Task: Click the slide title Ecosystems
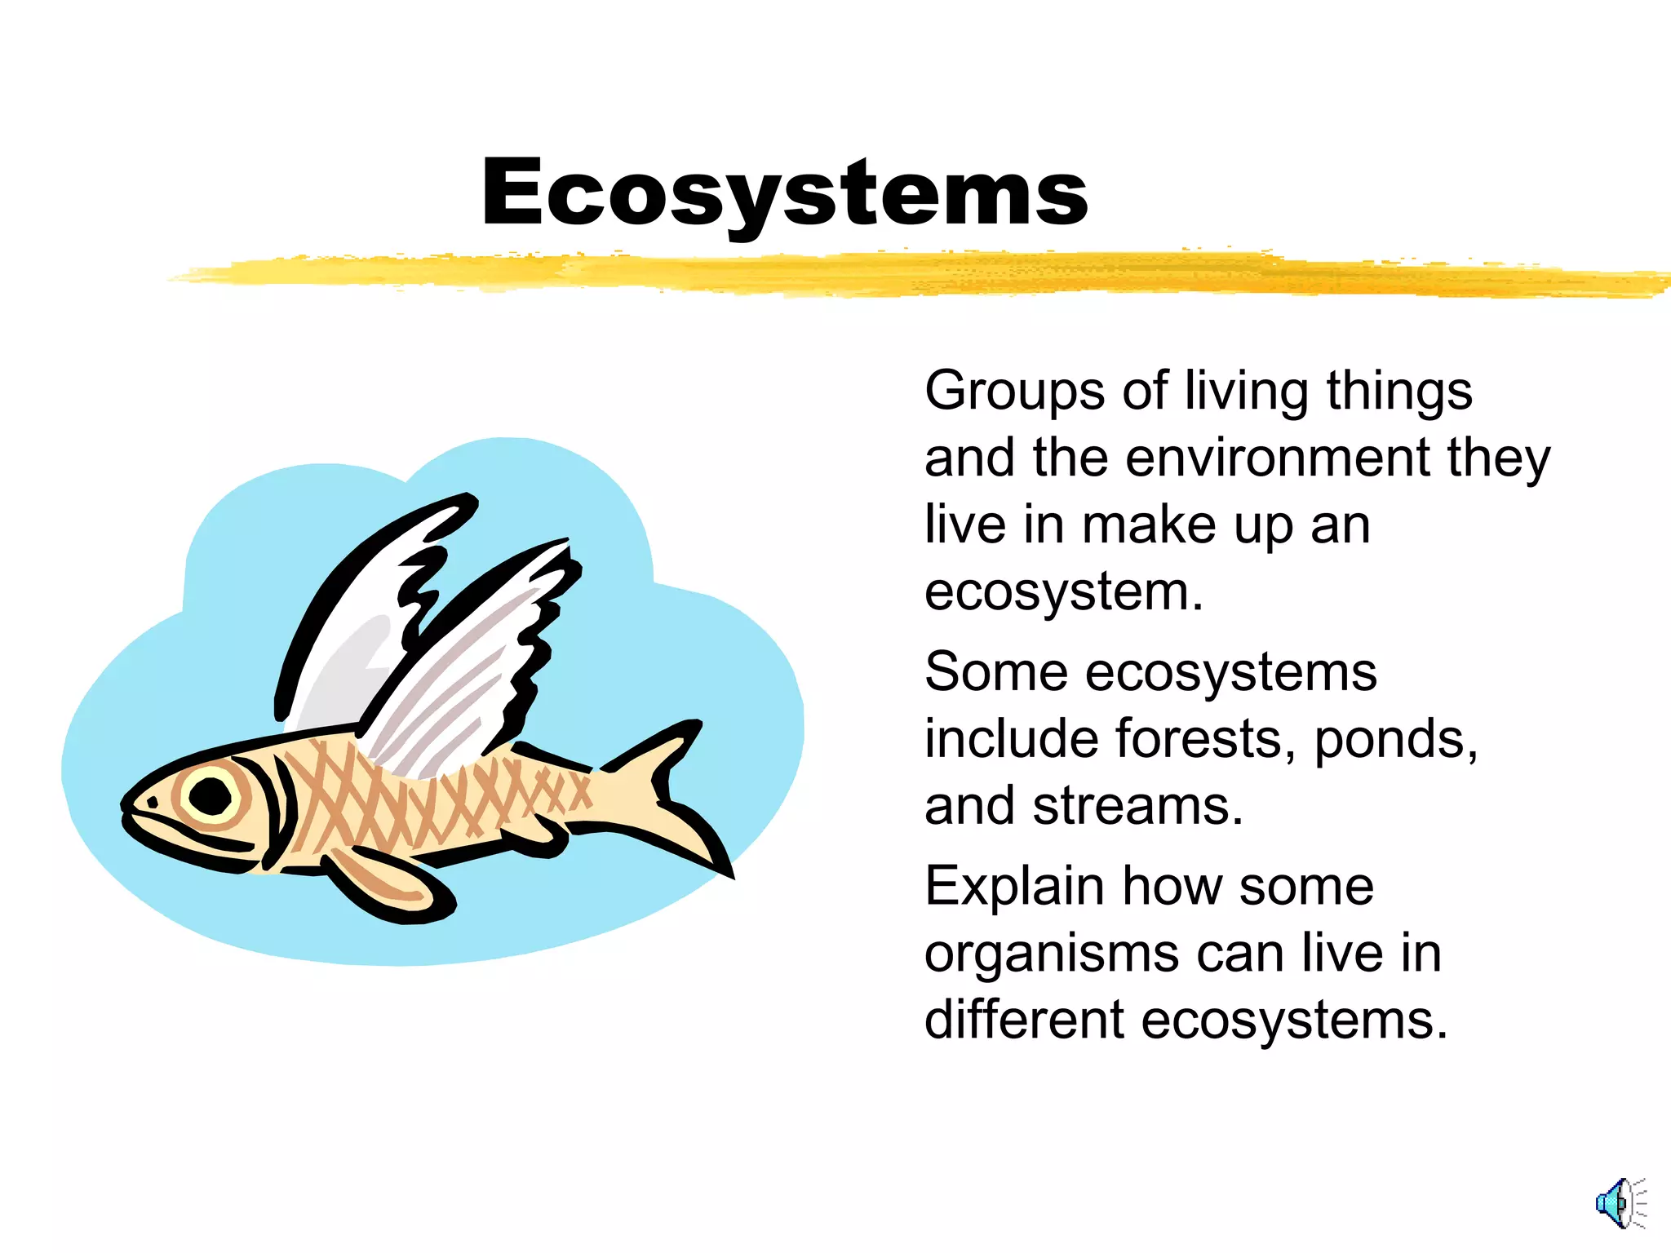point(784,193)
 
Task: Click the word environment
point(1277,458)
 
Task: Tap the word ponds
point(1395,739)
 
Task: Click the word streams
point(1137,806)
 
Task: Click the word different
point(1024,1020)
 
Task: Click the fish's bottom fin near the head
point(383,885)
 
